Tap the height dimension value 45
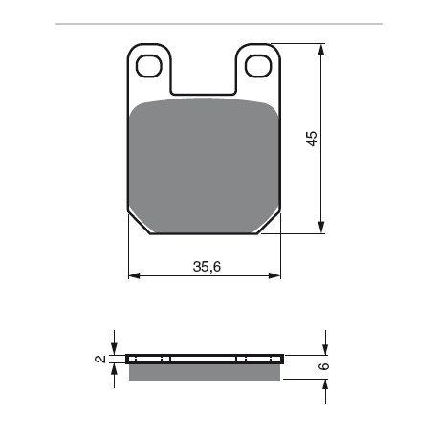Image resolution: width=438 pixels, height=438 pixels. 311,138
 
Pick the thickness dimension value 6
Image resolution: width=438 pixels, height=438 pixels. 323,365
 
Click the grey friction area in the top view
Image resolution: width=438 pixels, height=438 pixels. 205,163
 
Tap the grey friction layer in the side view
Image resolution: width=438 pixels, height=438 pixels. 205,371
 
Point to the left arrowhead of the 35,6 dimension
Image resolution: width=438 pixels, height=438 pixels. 133,276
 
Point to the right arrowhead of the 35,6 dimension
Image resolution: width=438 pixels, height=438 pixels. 276,276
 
